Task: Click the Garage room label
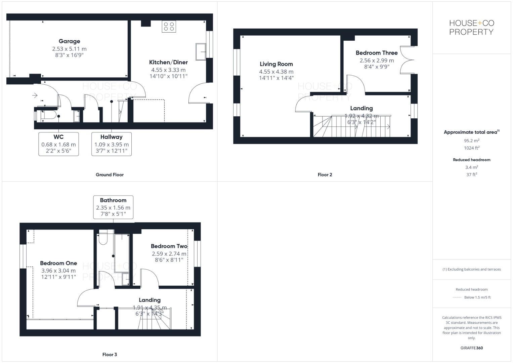tap(69, 41)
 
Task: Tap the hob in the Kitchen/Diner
tap(169, 27)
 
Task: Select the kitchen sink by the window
tap(201, 52)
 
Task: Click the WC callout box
tap(58, 144)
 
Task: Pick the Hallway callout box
tap(112, 144)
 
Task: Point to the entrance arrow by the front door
tap(35, 96)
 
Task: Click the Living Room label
tap(276, 64)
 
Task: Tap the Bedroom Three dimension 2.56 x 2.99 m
tap(377, 61)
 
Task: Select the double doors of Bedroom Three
tap(408, 61)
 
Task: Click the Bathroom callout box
tap(113, 207)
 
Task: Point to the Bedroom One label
tap(58, 263)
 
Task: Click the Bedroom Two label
tap(169, 246)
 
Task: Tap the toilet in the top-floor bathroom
tap(103, 238)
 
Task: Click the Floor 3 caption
tap(110, 355)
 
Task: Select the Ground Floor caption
tap(110, 175)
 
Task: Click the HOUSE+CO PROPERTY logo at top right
tap(471, 28)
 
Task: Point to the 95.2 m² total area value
tap(471, 140)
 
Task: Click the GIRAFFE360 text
tap(471, 348)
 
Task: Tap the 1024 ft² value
tap(471, 148)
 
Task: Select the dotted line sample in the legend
tap(457, 297)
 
